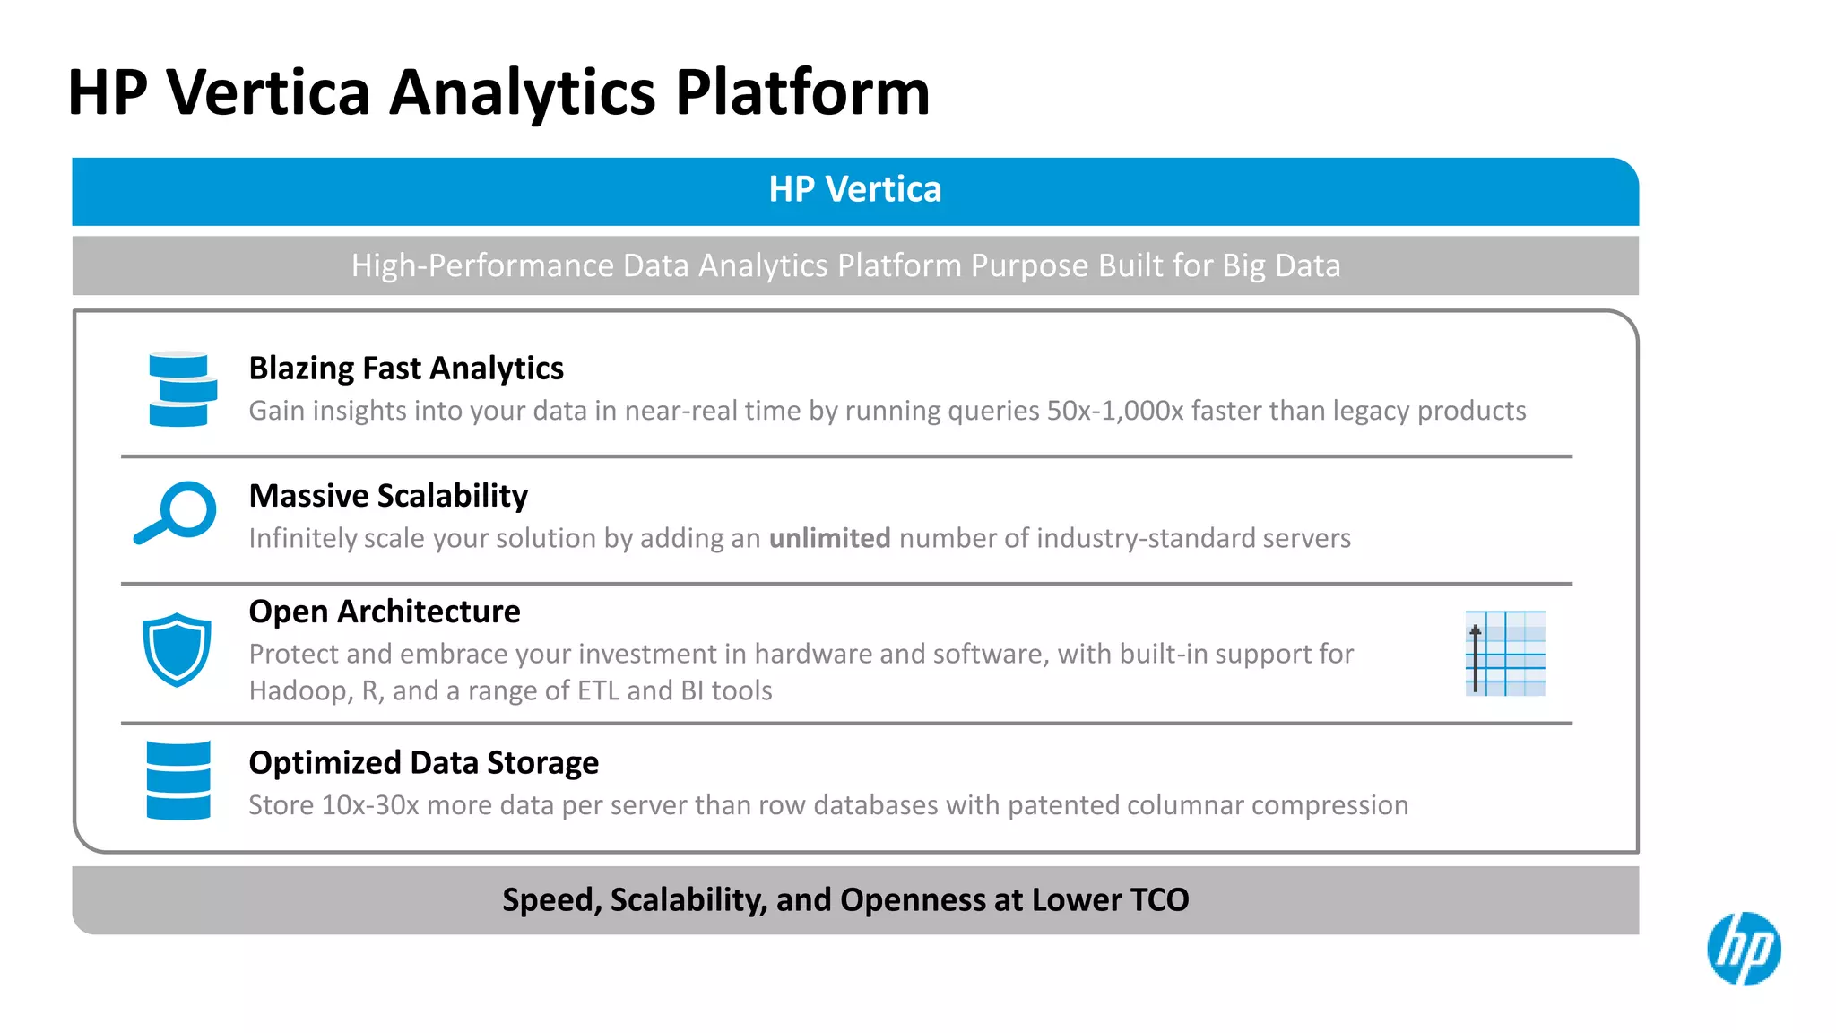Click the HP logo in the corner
tap(1744, 949)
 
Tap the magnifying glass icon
tap(177, 512)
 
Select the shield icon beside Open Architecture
tap(177, 649)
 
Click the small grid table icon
tap(1505, 654)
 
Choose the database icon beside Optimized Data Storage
tap(178, 780)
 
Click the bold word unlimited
tap(829, 538)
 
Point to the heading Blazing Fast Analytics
tap(406, 369)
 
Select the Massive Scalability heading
tap(388, 496)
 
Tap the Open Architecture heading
tap(385, 612)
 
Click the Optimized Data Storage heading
tap(423, 763)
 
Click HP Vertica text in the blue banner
tap(855, 190)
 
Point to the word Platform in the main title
tap(802, 93)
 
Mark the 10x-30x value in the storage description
tap(369, 805)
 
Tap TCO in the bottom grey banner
tap(1159, 899)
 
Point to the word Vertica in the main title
tap(268, 93)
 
